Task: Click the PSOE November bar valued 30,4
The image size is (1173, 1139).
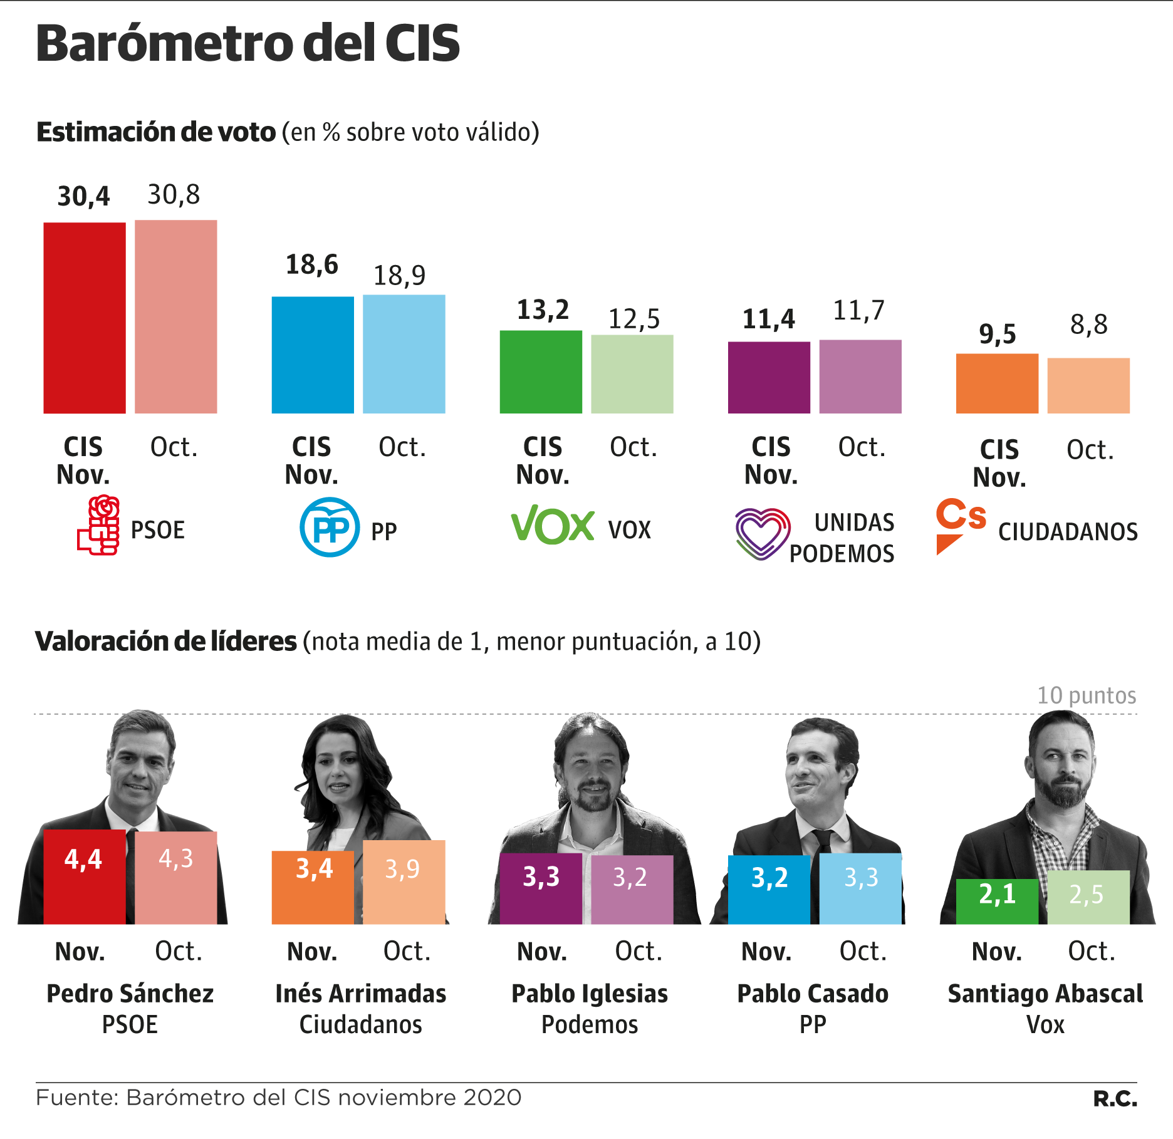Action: click(x=85, y=318)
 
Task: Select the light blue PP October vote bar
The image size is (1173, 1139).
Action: click(x=404, y=354)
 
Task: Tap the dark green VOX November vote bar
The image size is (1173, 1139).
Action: click(x=541, y=372)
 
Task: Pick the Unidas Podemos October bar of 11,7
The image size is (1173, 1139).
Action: click(x=860, y=377)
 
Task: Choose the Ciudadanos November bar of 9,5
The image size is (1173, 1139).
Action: click(x=997, y=383)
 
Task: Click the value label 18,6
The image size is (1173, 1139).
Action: click(x=312, y=265)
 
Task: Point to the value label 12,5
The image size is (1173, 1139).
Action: click(x=634, y=320)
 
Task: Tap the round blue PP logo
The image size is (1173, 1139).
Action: click(x=330, y=527)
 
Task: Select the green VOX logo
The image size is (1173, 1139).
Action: click(x=553, y=525)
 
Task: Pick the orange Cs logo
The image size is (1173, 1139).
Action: click(x=959, y=524)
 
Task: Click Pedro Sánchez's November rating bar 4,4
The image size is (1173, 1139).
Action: click(x=85, y=877)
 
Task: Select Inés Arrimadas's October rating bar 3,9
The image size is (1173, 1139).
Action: click(x=404, y=882)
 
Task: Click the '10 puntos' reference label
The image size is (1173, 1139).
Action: click(x=1087, y=695)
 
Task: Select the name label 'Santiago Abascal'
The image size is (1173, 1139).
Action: click(x=1045, y=994)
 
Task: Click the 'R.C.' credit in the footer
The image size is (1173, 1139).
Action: click(x=1115, y=1099)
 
